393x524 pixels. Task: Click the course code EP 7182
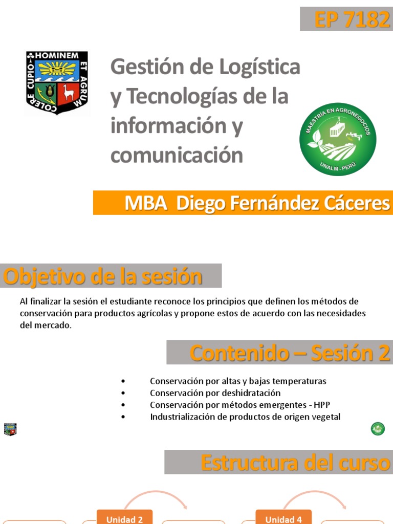point(352,19)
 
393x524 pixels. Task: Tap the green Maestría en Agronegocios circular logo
point(338,139)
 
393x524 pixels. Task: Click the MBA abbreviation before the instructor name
point(146,203)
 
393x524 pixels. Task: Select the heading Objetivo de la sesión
point(103,277)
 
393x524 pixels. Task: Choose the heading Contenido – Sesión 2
point(290,353)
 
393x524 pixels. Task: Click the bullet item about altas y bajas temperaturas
point(238,381)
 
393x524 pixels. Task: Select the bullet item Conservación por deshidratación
point(215,393)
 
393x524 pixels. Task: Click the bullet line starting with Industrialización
point(245,417)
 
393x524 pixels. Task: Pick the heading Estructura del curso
point(296,463)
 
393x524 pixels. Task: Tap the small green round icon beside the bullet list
point(378,429)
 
